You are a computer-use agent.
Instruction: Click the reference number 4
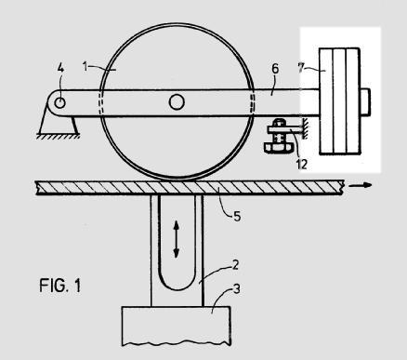(60, 68)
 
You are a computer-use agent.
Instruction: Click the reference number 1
(85, 66)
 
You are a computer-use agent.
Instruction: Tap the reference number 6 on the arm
(275, 69)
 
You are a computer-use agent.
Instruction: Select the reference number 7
(301, 68)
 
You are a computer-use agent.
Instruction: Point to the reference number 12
(302, 164)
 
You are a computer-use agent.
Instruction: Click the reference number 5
(237, 216)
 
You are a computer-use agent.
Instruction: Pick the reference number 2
(235, 265)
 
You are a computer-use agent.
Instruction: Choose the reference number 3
(236, 289)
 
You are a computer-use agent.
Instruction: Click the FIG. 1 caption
(60, 286)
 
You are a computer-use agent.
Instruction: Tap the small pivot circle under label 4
(59, 102)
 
